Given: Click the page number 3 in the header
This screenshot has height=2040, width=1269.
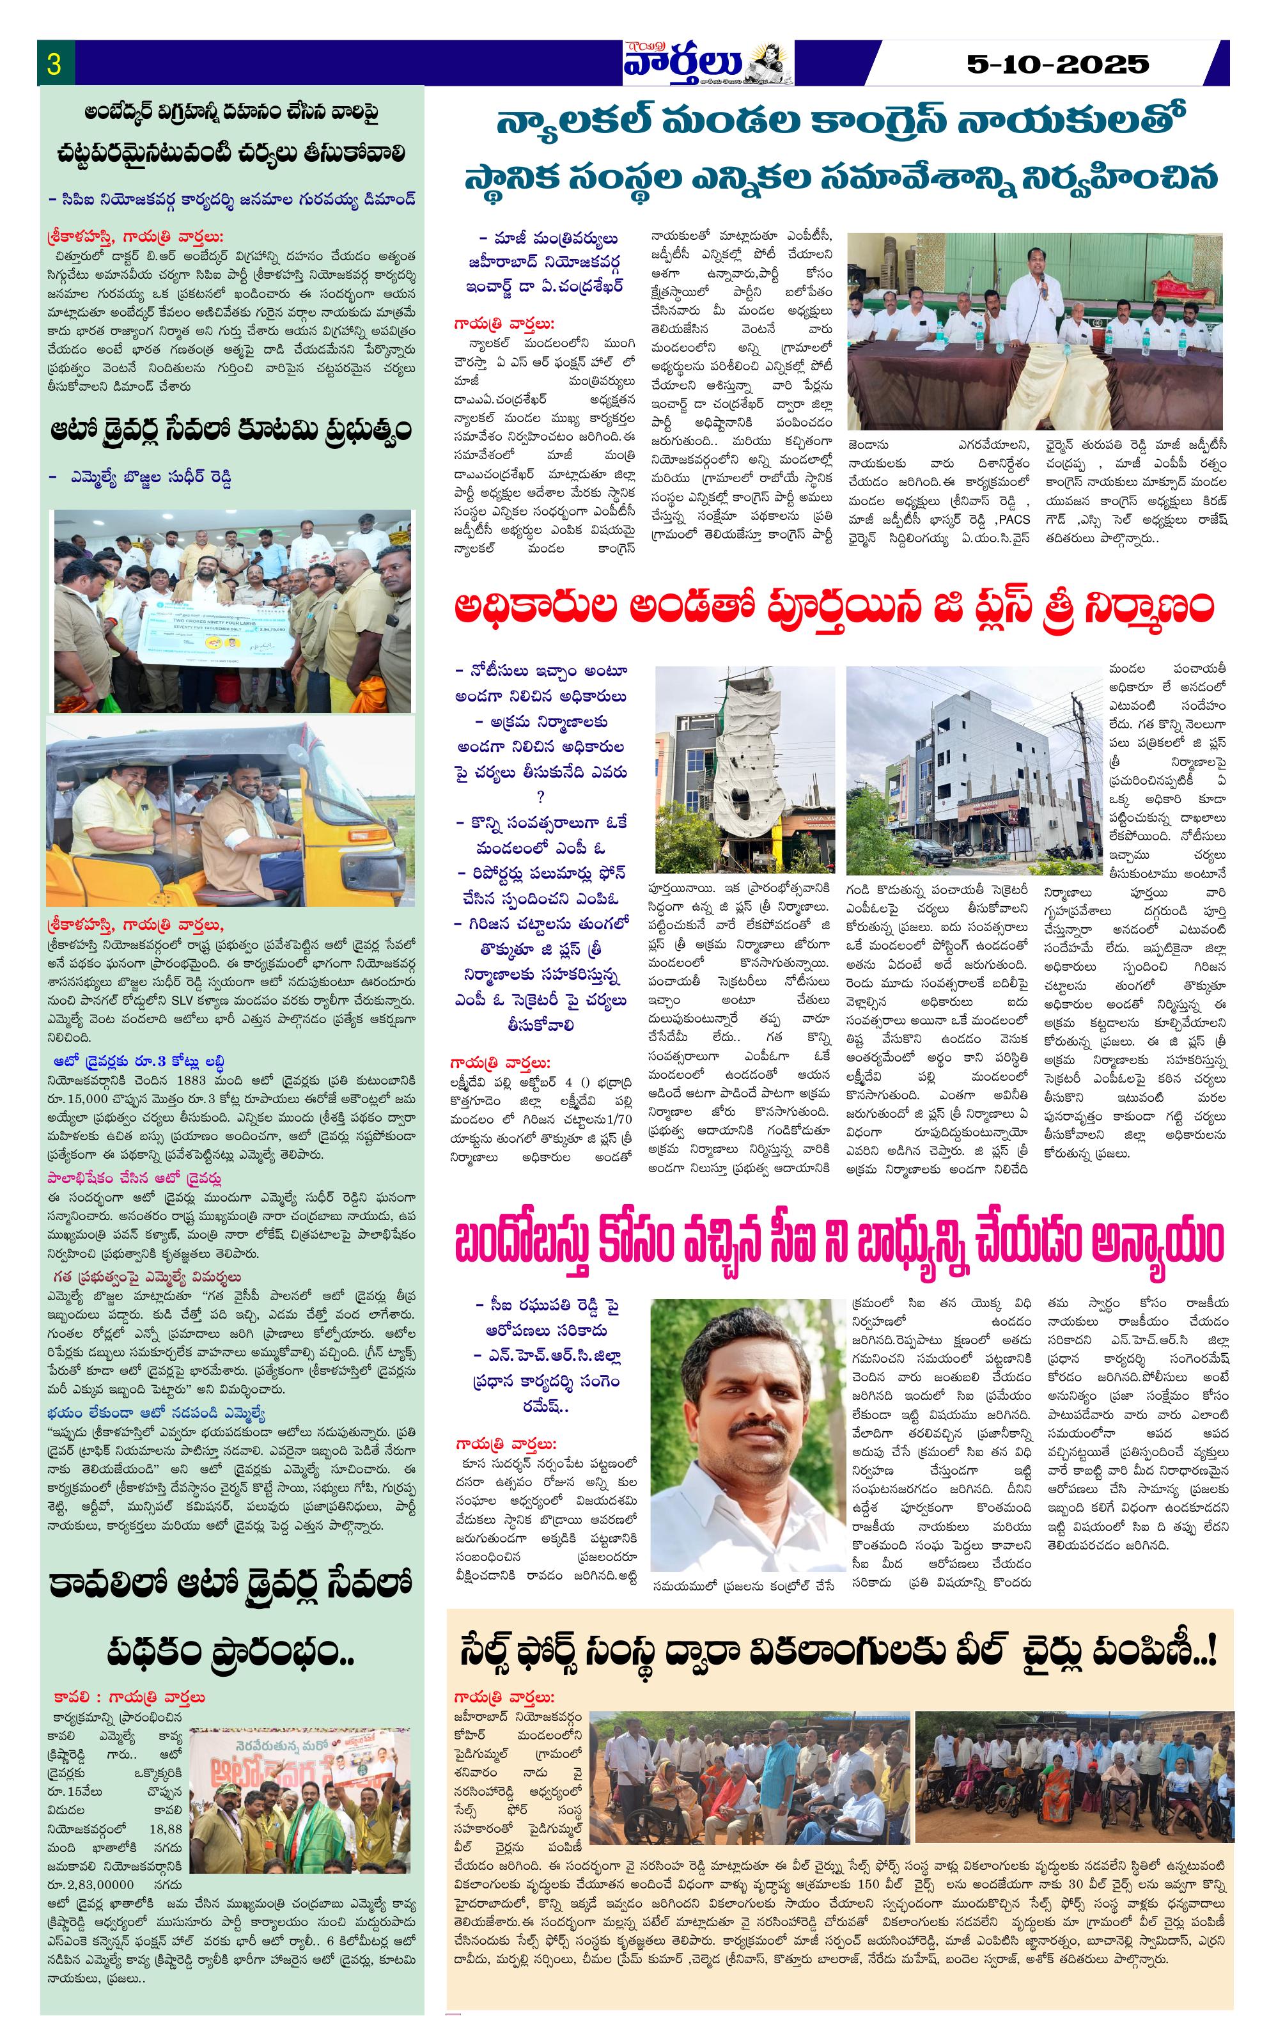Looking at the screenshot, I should pyautogui.click(x=54, y=65).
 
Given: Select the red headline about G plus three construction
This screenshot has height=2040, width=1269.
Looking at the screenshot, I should pyautogui.click(x=834, y=608).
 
